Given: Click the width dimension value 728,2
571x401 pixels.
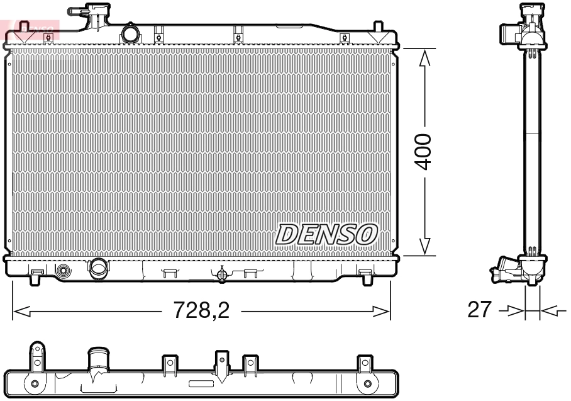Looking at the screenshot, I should [x=201, y=310].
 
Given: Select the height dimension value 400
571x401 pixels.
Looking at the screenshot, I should [x=426, y=151].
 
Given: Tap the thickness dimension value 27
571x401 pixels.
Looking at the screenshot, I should [x=480, y=310].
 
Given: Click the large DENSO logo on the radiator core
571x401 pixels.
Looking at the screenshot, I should [x=326, y=234].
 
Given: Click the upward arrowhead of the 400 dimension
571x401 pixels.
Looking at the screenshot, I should [x=426, y=57].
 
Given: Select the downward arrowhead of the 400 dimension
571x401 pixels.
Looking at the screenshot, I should [x=426, y=247].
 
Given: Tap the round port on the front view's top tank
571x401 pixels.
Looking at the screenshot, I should [x=130, y=33].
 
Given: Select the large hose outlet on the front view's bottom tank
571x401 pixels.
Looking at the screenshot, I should [x=99, y=269].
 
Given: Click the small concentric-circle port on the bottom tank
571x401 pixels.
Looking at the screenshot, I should [x=64, y=271].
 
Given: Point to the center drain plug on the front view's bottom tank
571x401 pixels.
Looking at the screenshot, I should [x=221, y=274].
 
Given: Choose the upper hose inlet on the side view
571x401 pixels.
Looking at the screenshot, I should [x=508, y=33].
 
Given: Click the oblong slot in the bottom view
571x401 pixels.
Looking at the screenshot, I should [x=201, y=383].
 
